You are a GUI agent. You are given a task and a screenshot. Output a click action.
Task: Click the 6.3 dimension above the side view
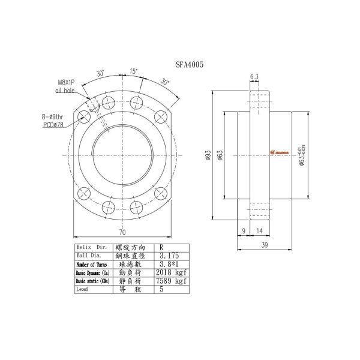(254, 76)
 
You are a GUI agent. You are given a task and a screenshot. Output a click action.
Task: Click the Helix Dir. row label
(89, 247)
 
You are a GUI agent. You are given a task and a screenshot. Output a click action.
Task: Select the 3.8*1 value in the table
(167, 264)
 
